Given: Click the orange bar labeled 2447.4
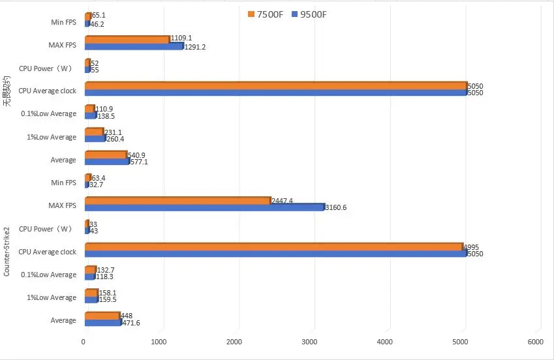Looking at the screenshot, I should tap(177, 201).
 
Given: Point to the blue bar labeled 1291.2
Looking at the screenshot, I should tap(134, 46).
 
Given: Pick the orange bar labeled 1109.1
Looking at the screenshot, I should tap(127, 39).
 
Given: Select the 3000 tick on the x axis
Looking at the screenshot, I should tap(310, 342).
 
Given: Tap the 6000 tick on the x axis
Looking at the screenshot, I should tap(535, 342).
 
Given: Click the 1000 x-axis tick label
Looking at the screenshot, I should tap(159, 342).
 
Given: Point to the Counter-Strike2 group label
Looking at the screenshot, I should tap(7, 252).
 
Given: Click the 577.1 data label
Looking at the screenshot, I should tap(139, 162).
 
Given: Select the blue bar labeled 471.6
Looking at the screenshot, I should tap(102, 322).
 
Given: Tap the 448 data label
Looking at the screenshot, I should tap(126, 316).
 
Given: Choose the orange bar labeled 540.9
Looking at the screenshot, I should tap(105, 155).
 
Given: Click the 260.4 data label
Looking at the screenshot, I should tap(115, 139).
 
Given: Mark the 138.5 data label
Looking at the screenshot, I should tap(106, 116).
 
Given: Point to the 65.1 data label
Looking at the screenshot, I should tap(98, 16).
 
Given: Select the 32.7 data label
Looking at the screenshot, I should tap(97, 185).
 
